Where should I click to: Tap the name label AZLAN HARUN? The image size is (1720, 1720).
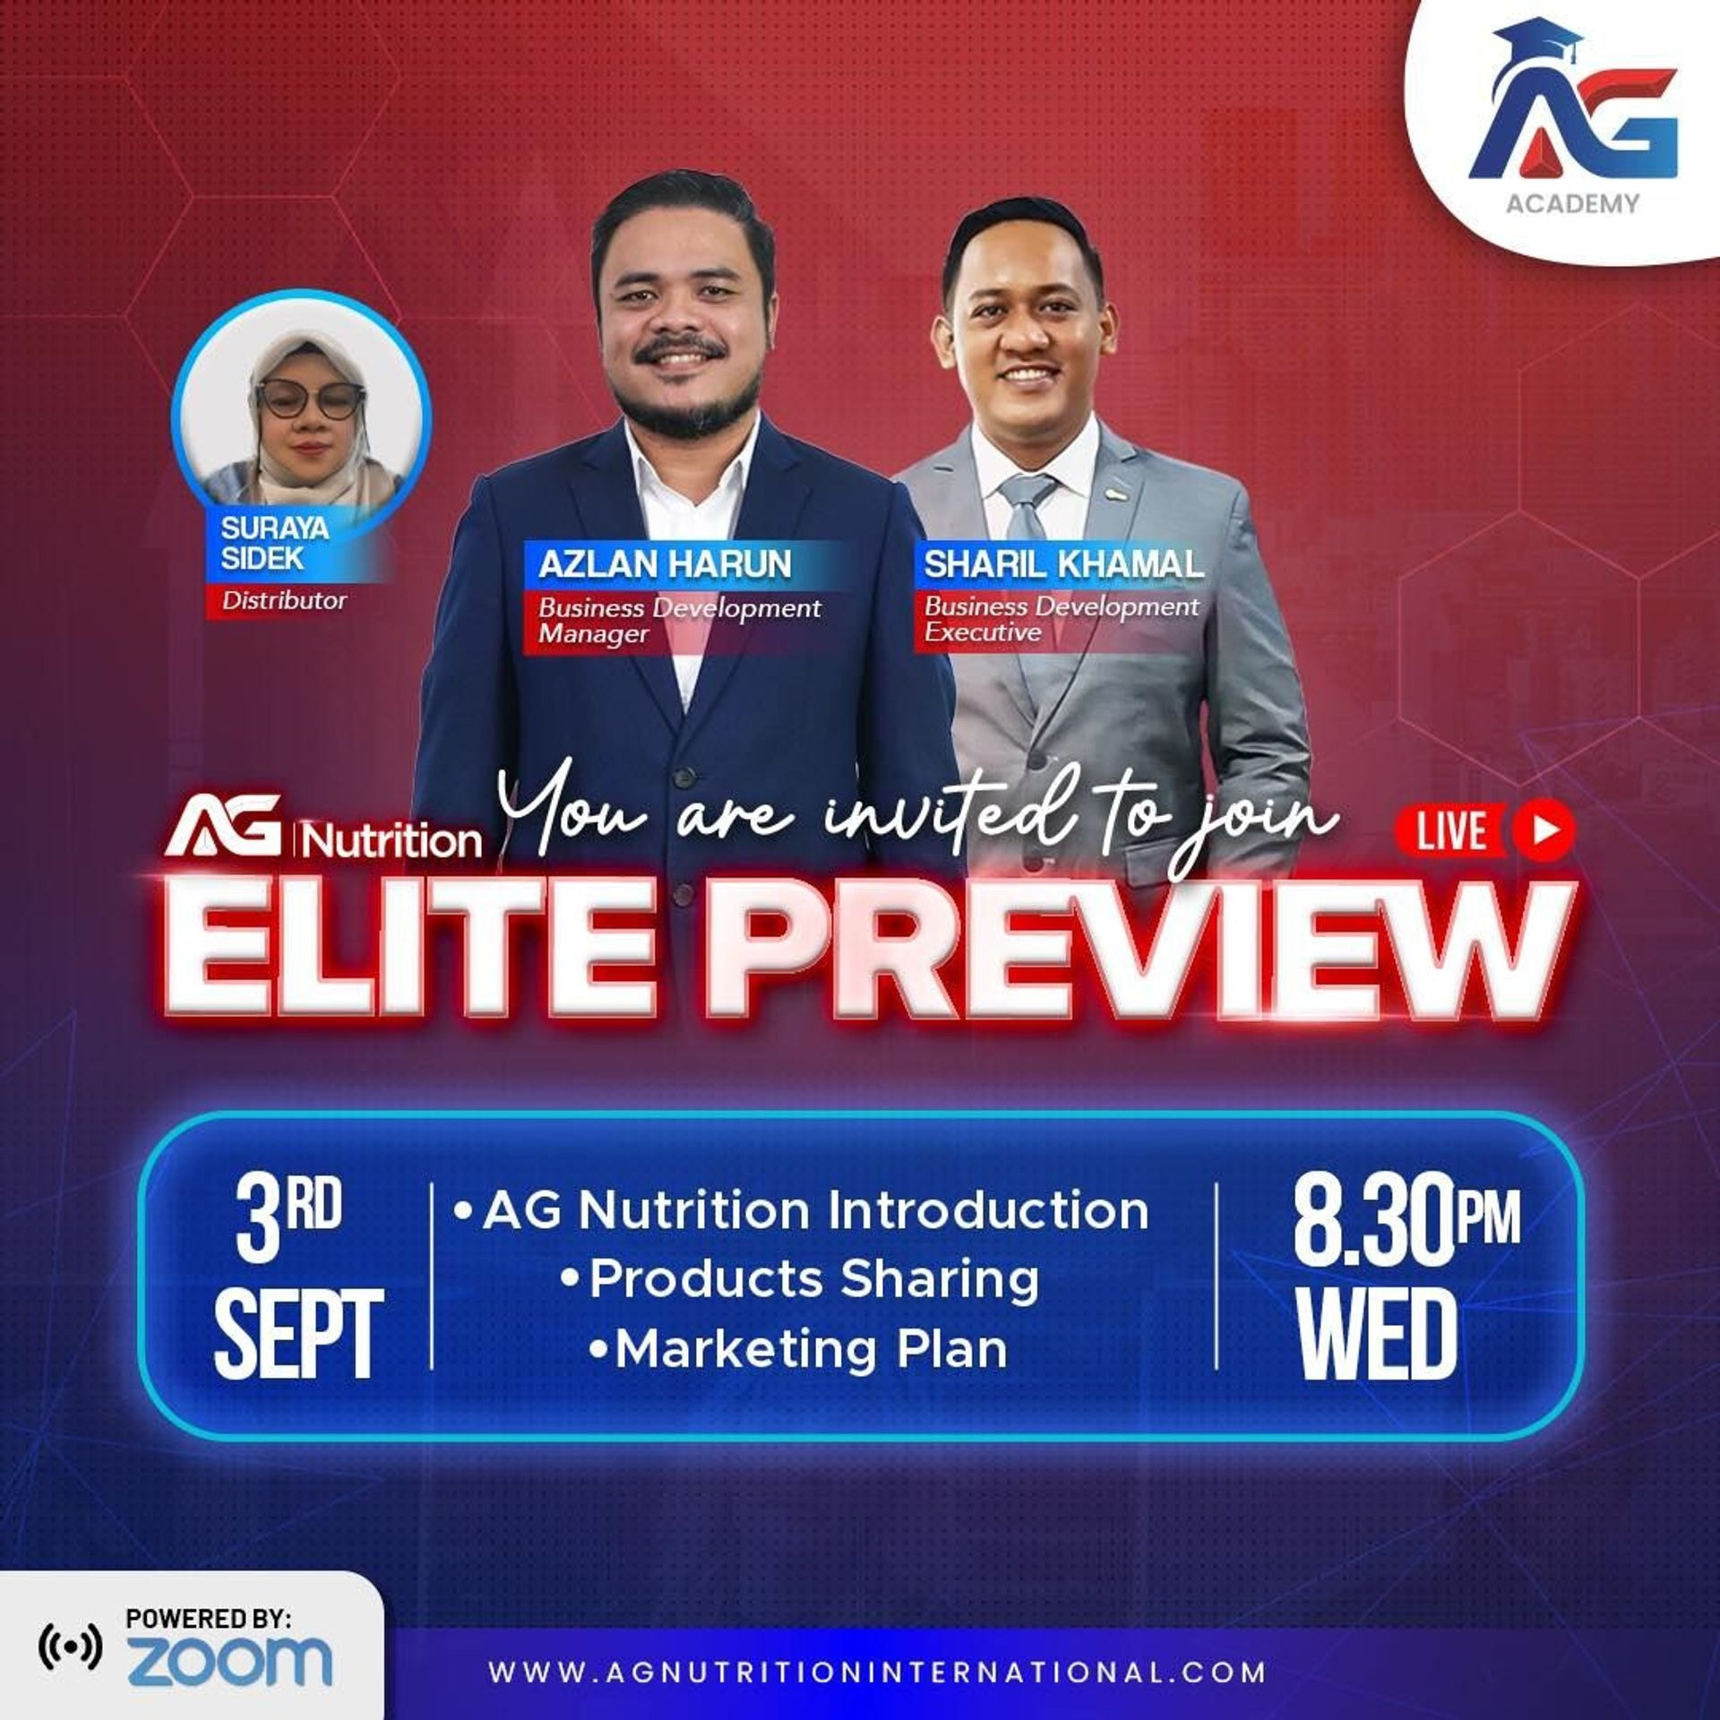(665, 564)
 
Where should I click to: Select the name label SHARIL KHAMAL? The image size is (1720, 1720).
(1063, 564)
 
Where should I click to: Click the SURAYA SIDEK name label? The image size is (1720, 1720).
(274, 543)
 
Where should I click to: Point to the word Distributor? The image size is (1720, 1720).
(284, 600)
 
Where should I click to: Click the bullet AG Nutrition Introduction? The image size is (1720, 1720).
(802, 1211)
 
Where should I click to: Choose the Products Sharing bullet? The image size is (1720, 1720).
(800, 1279)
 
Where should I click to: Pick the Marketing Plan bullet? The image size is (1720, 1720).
(798, 1349)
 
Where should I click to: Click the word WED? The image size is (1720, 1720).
(1376, 1334)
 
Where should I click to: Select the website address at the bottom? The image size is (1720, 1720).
(877, 1672)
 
